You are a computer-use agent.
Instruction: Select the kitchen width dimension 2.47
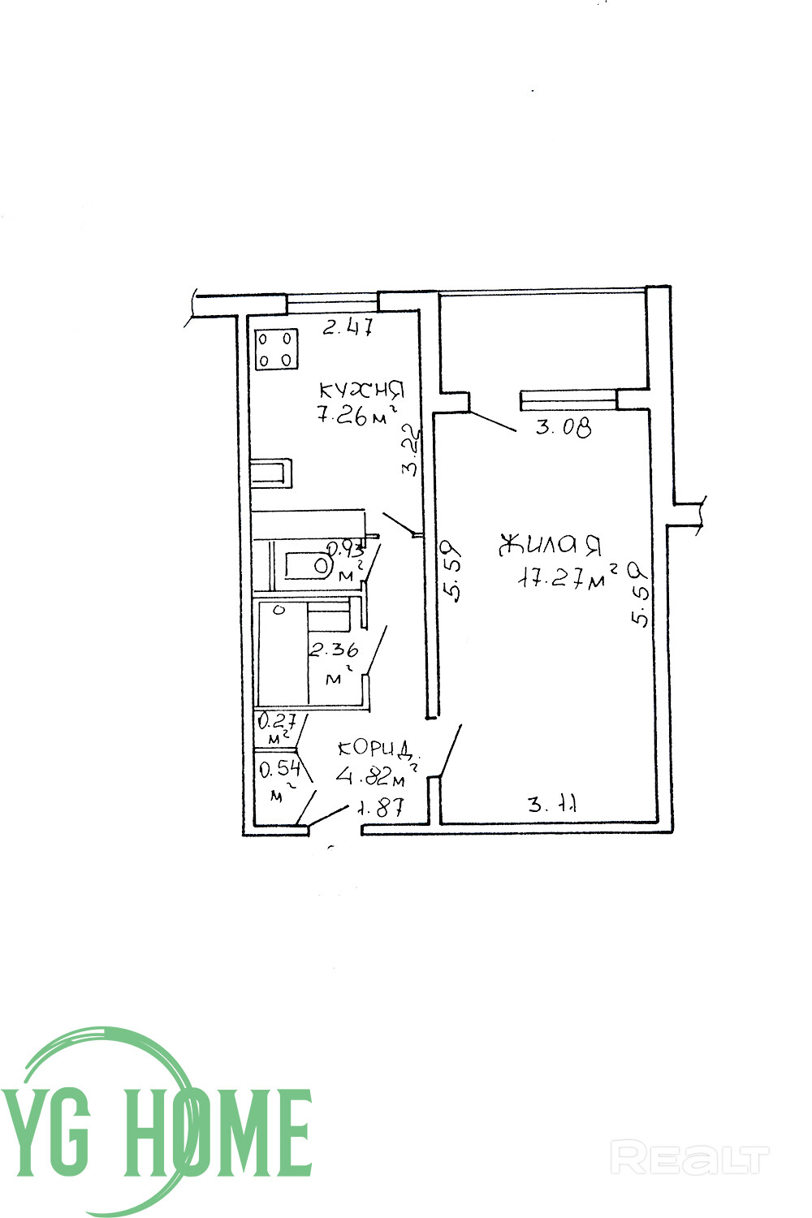coord(348,327)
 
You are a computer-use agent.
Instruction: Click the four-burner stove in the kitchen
coord(275,349)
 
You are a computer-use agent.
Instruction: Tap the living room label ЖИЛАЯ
coord(550,545)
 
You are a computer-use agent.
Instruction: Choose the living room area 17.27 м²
coord(569,577)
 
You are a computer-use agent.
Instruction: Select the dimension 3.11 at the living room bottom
coord(552,806)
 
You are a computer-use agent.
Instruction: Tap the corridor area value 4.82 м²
coord(372,778)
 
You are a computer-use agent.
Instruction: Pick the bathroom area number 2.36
coord(334,650)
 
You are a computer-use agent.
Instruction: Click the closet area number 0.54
coord(279,768)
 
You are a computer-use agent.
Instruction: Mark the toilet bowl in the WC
coord(322,564)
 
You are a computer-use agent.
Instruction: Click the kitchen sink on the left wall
coord(270,473)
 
